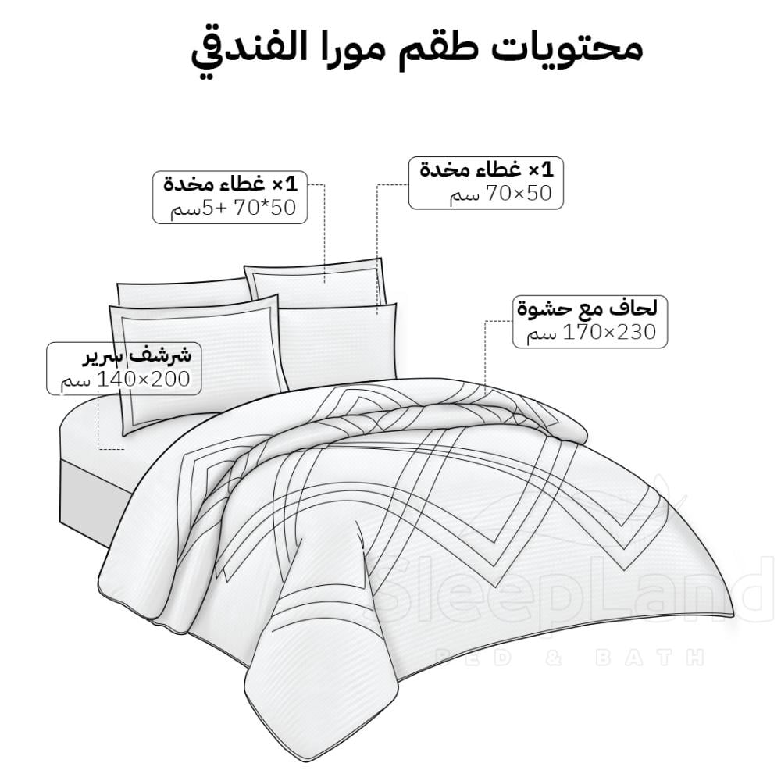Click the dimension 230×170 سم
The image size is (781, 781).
click(x=591, y=333)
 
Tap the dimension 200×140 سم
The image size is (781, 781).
click(x=125, y=380)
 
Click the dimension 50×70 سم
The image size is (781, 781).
click(x=505, y=194)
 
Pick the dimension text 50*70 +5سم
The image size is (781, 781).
click(x=235, y=209)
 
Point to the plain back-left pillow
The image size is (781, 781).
click(x=180, y=292)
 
